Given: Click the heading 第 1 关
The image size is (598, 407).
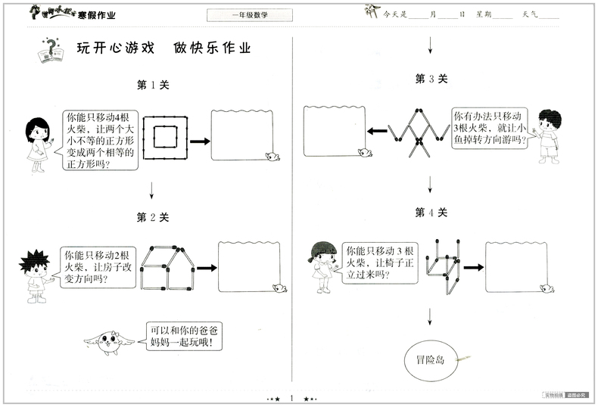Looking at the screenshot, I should coord(153,85).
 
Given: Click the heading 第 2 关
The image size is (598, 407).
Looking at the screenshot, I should coord(153,217).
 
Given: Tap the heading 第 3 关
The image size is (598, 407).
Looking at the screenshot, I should coord(431,78).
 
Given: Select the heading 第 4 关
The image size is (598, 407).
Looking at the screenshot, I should coord(431,213).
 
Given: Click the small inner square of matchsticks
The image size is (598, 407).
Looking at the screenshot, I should coord(166,137).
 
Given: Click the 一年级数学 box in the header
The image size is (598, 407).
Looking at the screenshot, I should coord(248,14).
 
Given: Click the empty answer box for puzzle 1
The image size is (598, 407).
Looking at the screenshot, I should coord(241,136).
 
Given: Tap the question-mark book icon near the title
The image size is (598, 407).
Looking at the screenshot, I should coord(50,52).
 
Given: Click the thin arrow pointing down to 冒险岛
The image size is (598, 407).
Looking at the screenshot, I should coord(431,315).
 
